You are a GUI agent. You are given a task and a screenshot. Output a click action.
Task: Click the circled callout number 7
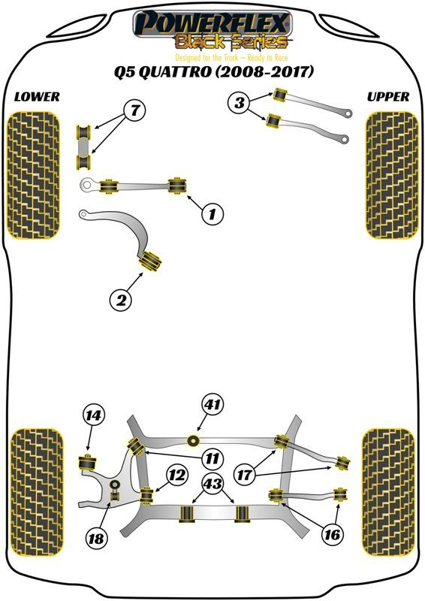pos(135,110)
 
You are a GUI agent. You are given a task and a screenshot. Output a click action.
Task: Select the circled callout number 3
pos(239,102)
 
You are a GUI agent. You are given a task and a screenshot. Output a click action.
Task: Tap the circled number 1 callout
pos(212,213)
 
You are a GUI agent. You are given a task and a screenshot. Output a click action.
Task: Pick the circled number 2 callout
pos(121,299)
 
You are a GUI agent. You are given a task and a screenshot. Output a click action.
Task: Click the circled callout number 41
pos(212,404)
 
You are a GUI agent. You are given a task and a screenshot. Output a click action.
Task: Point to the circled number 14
pos(94,415)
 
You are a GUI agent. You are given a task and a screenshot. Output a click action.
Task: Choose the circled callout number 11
pos(212,458)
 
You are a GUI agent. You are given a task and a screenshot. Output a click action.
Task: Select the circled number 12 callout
pos(177,476)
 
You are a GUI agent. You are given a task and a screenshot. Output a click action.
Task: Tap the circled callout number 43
pos(212,484)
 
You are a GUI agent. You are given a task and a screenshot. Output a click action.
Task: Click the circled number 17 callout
pos(244,476)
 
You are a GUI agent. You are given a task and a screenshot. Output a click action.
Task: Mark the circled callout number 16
pos(332,533)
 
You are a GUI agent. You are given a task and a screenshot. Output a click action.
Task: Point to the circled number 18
pos(96,539)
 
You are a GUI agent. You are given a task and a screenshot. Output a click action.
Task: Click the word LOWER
pos(38,97)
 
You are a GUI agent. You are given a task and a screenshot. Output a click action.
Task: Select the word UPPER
pos(387,97)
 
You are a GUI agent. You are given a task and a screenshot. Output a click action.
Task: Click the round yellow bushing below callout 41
pos(194,441)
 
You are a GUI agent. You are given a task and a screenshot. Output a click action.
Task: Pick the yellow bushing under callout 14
pos(88,462)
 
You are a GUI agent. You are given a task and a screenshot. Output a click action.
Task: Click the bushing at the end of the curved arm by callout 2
pos(150,261)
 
